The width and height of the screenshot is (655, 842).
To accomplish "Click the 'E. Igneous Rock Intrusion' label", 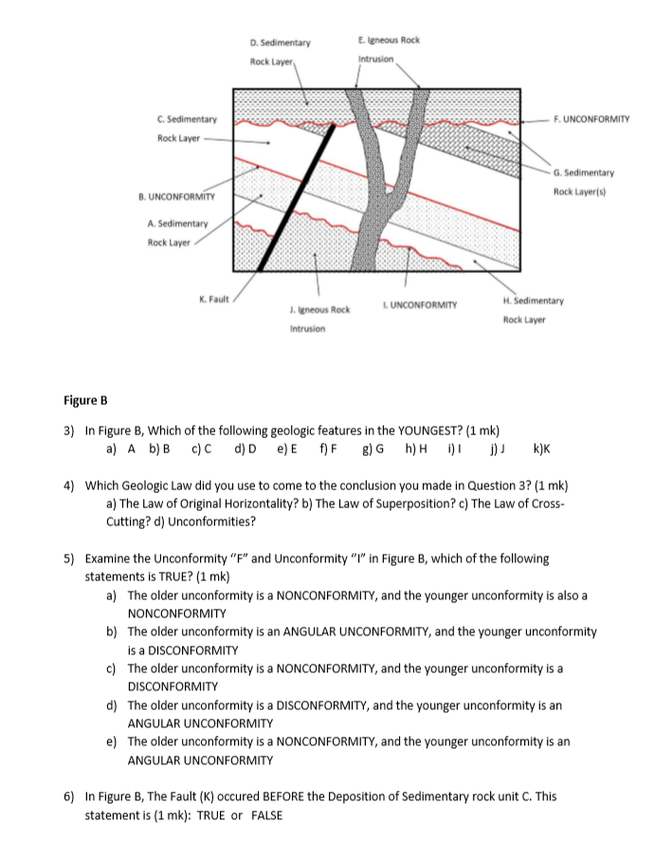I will (x=390, y=48).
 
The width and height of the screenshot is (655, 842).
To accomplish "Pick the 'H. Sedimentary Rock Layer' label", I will (x=533, y=309).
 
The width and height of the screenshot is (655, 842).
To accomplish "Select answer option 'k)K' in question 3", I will (x=543, y=448).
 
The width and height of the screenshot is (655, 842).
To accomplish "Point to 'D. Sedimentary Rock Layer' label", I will (x=273, y=52).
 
